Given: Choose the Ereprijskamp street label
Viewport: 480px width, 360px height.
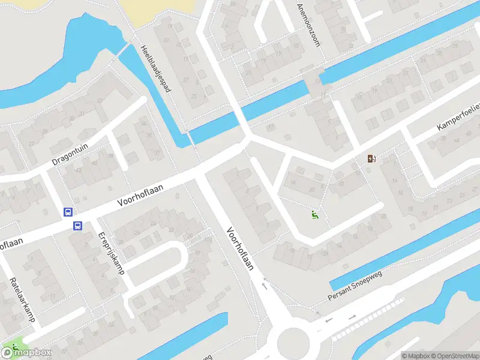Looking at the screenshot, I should click(112, 252).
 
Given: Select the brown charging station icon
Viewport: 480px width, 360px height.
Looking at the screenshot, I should click(372, 159).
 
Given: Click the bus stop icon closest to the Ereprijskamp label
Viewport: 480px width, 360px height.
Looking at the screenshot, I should click(77, 226).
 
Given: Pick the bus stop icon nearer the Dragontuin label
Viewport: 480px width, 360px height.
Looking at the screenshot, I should click(68, 212).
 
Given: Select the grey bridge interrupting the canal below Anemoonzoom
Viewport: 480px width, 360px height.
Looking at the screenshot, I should click(314, 85).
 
